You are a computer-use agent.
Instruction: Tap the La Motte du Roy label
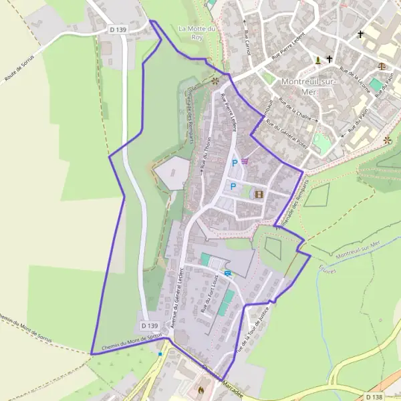(x=196, y=33)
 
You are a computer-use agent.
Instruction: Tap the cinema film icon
(x=259, y=194)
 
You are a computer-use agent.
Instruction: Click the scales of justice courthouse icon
(x=382, y=65)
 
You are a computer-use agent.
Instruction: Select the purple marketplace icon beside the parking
(x=245, y=160)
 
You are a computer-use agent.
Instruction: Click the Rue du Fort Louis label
(x=209, y=293)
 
